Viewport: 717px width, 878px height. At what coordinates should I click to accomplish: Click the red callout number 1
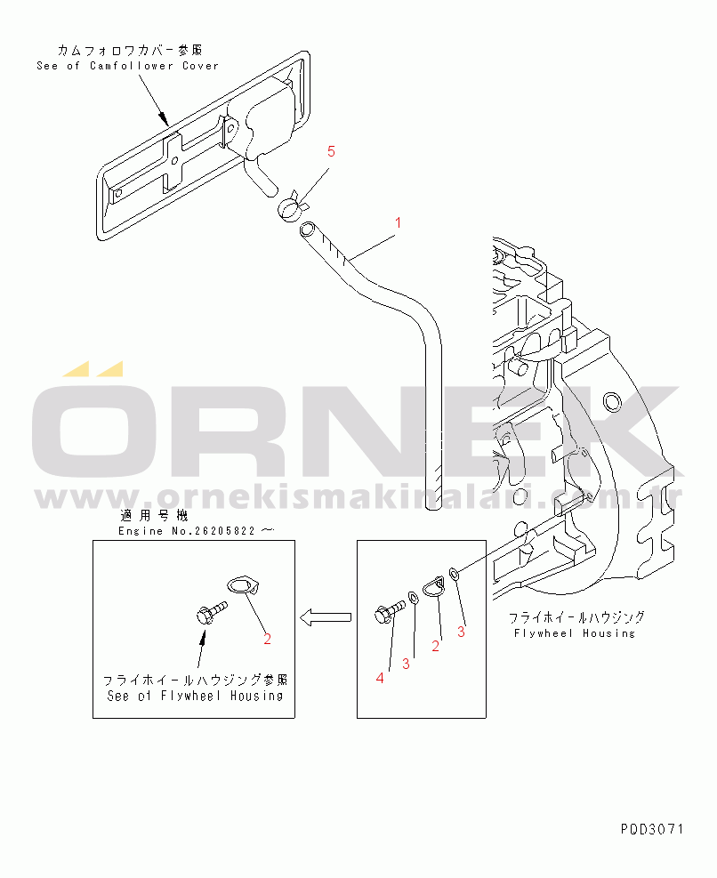(x=398, y=222)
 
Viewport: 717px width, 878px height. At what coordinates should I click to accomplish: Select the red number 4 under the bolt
(x=380, y=678)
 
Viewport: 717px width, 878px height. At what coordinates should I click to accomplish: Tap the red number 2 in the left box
(x=266, y=638)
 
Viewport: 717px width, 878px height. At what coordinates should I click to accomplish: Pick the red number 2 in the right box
(x=436, y=647)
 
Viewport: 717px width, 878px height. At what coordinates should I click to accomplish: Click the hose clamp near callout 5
(x=290, y=208)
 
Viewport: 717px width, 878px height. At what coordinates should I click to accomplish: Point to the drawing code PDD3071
(x=652, y=829)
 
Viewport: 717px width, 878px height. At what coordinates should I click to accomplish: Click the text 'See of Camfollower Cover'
(x=127, y=66)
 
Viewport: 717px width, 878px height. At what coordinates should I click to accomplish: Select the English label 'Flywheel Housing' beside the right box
(x=575, y=633)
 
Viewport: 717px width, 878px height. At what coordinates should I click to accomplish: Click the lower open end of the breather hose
(x=433, y=506)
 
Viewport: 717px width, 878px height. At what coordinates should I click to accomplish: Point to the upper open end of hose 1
(x=306, y=230)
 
